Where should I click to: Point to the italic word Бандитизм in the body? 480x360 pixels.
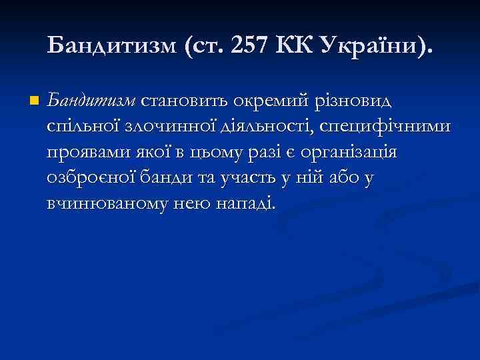(x=90, y=101)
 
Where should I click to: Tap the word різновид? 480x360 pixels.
(x=357, y=101)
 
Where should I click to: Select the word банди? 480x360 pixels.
(x=168, y=177)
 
